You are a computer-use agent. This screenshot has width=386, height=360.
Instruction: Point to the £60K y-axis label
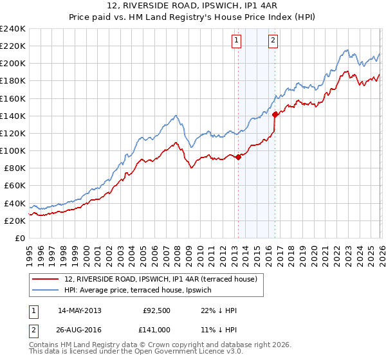[x=14, y=186]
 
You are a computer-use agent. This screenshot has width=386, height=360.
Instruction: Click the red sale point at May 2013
[x=239, y=156]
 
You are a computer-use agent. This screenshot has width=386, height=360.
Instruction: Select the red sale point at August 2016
[x=275, y=114]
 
